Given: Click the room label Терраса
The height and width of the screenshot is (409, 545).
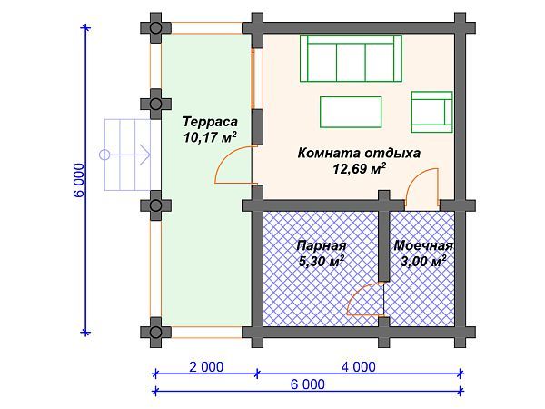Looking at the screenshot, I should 210,121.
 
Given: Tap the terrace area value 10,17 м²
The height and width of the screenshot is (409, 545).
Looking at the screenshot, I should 210,138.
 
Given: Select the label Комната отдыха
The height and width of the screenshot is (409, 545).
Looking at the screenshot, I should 359,153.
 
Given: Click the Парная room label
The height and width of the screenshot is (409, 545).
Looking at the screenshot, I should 322,245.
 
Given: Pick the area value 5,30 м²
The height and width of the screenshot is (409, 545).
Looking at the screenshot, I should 321,262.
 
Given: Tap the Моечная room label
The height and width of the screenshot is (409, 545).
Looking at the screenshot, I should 423,245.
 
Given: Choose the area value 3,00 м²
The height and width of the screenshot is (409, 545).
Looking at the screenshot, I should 423,262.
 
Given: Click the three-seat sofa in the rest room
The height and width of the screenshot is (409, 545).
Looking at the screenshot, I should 352,59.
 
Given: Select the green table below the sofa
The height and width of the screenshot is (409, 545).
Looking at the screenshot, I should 351,113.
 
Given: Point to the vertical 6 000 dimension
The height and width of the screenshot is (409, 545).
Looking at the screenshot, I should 79,181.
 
